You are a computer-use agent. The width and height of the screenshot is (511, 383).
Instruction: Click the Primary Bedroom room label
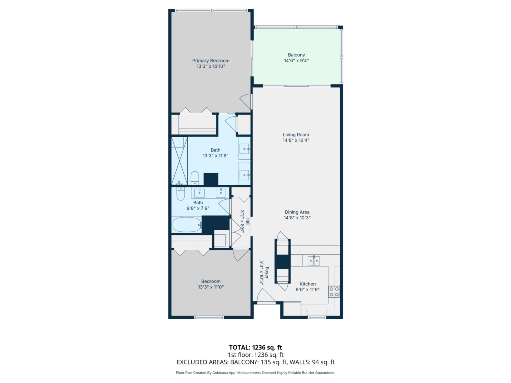211,60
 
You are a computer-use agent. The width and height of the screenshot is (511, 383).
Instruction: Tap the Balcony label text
296,55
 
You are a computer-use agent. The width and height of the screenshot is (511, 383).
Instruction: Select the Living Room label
296,135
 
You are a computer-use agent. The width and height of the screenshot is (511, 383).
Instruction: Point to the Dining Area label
297,212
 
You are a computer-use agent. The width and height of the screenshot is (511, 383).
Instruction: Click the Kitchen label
307,284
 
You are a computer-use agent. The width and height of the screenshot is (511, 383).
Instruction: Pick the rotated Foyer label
267,273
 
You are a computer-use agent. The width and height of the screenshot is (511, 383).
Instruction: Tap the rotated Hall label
248,222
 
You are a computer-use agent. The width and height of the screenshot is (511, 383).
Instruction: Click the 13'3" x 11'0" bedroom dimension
211,287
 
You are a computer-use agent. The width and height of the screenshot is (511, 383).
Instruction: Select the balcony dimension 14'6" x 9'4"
296,60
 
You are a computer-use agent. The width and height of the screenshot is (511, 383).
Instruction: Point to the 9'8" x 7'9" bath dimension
198,208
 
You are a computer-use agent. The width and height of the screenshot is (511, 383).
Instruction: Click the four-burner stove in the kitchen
334,291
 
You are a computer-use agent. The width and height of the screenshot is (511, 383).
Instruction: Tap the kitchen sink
314,260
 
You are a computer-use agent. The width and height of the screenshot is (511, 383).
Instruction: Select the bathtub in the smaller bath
187,225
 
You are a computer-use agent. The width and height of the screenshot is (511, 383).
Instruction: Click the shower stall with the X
180,161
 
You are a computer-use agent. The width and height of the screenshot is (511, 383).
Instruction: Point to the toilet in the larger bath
195,178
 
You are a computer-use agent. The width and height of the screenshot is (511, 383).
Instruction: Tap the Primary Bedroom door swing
246,102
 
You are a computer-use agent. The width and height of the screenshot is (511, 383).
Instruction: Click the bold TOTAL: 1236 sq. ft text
255,347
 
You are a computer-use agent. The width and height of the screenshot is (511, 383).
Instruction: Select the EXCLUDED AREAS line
255,362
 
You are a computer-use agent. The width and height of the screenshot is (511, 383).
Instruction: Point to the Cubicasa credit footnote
255,373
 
